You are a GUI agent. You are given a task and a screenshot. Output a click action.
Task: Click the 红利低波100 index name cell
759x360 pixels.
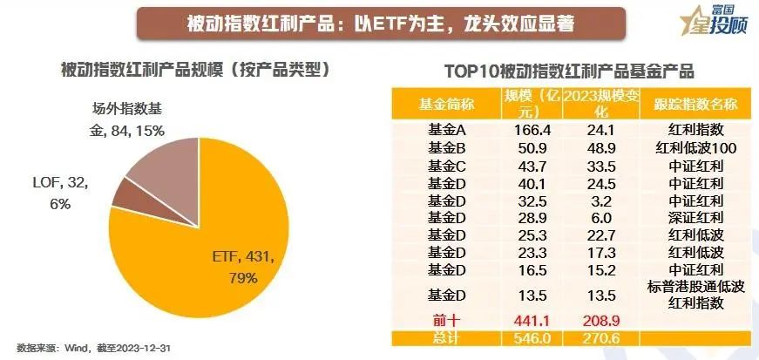[x=688, y=146]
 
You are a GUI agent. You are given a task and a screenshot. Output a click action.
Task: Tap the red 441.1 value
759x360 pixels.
[x=531, y=320]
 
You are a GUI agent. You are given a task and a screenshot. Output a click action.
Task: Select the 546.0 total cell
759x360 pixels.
[x=531, y=336]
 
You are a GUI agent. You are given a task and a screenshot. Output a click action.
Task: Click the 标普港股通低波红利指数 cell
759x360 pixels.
[x=688, y=294]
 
